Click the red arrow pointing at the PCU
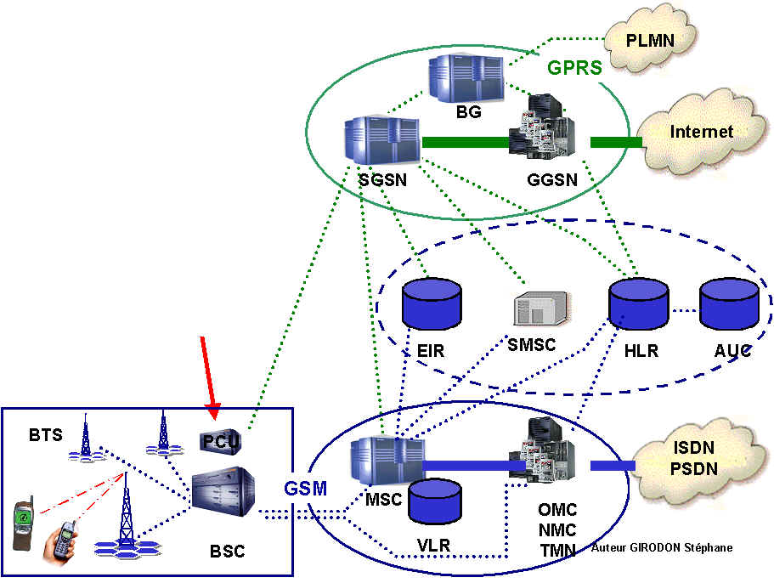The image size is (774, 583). click(210, 378)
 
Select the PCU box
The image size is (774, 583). click(221, 441)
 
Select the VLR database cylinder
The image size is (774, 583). click(435, 501)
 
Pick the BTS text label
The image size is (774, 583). click(45, 436)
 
